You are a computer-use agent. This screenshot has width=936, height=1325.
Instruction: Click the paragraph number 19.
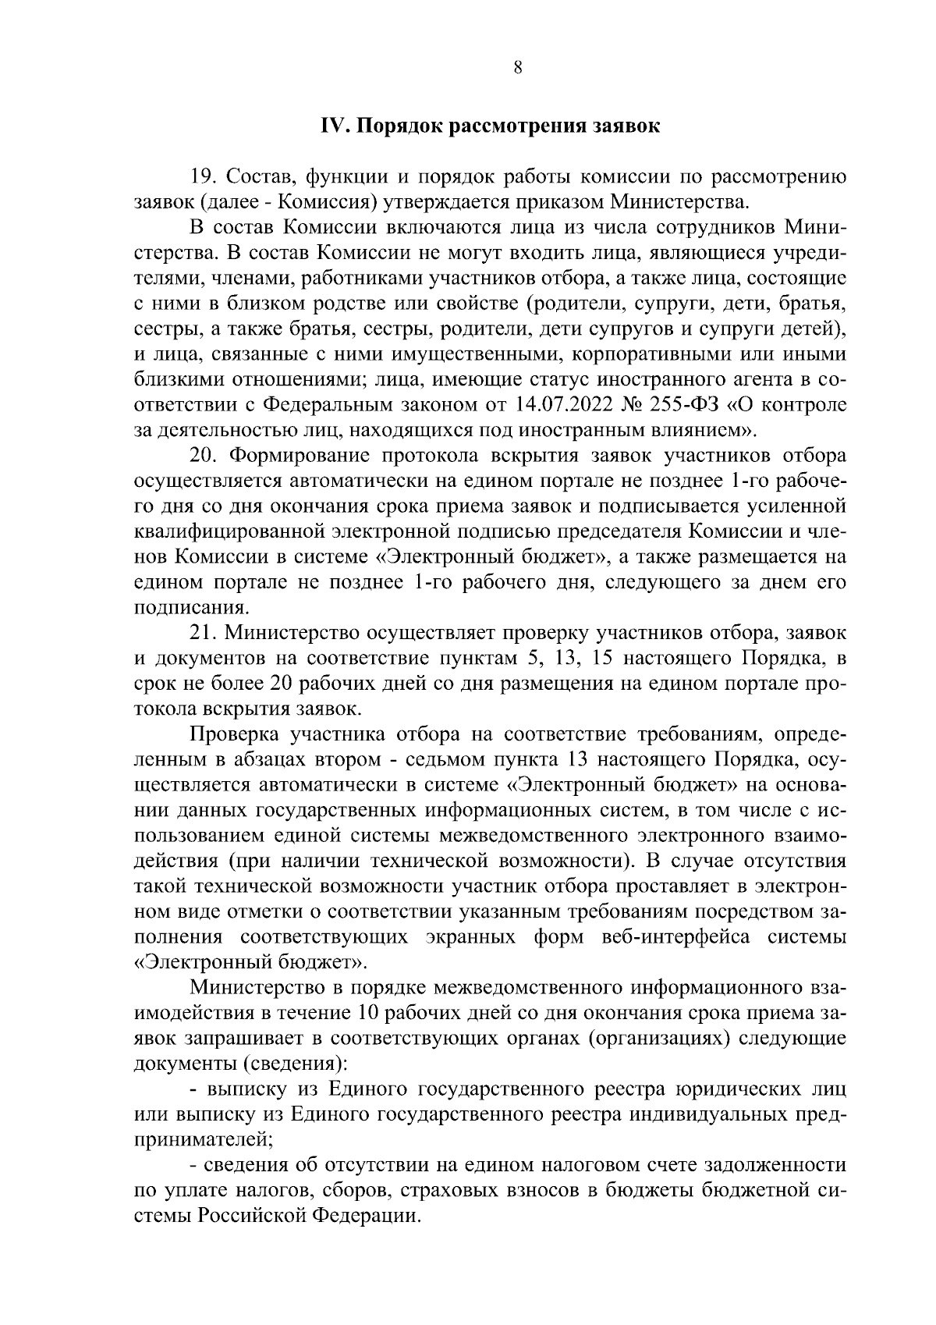203,177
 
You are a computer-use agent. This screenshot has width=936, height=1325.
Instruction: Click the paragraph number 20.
203,456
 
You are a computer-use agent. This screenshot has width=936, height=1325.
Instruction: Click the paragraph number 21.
203,633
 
